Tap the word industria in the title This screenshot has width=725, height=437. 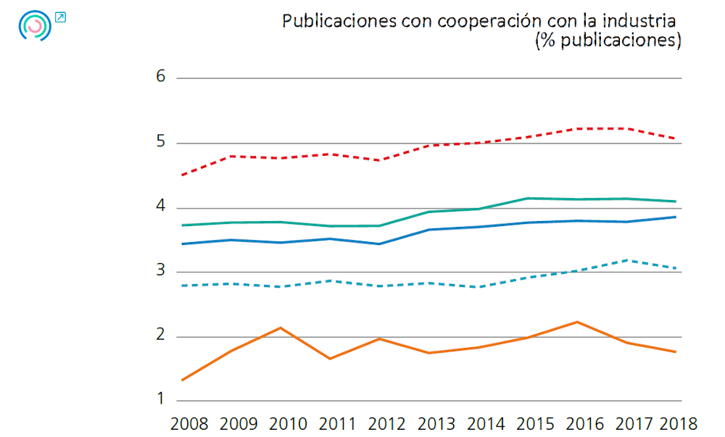click(641, 20)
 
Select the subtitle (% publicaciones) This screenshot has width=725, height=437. click(608, 41)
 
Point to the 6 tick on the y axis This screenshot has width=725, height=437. click(161, 77)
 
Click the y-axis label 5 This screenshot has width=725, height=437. click(161, 142)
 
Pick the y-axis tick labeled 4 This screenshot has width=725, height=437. click(161, 207)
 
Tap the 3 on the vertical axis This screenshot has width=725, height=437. click(161, 271)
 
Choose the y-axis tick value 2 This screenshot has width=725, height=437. click(161, 336)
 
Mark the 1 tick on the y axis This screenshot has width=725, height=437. click(161, 400)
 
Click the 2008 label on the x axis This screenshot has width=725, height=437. click(189, 423)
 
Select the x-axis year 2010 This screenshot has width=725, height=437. click(288, 423)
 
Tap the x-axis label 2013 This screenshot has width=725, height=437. click(436, 423)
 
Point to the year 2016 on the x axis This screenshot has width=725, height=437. click(584, 423)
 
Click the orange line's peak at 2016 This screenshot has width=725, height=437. click(577, 322)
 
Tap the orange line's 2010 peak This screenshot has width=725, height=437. click(281, 328)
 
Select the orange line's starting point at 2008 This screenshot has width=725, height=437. click(182, 380)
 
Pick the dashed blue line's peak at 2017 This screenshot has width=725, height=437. click(626, 259)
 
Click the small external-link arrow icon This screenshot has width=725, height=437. click(60, 17)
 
